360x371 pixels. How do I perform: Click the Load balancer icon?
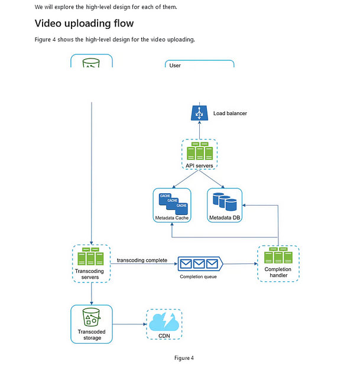(199, 112)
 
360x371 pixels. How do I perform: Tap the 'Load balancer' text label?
(230, 113)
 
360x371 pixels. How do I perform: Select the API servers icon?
(199, 151)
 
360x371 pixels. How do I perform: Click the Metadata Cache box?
(171, 206)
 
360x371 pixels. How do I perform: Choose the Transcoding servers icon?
(91, 257)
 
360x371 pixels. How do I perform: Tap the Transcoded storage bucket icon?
(91, 317)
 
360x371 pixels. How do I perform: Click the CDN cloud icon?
(164, 323)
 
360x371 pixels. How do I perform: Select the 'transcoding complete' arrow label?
(142, 260)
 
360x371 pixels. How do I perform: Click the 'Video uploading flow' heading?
(85, 24)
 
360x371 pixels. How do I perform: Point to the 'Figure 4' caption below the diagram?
(184, 358)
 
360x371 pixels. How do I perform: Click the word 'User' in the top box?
(175, 66)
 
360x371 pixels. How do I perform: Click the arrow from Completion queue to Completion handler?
(239, 263)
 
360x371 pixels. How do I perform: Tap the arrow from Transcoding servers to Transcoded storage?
(91, 294)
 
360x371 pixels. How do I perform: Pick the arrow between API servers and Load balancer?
(199, 130)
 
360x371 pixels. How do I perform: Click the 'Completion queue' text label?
(198, 276)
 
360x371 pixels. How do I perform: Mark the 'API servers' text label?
(199, 166)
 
